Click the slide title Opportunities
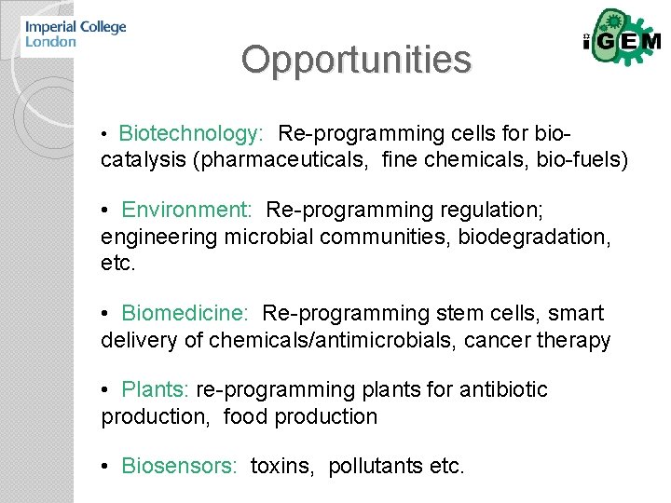point(356,60)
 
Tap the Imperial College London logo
point(75,34)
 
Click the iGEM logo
point(622,41)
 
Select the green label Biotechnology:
point(192,133)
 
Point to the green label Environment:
point(187,210)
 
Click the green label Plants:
point(156,389)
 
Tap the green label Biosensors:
point(180,466)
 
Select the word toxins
point(281,466)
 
